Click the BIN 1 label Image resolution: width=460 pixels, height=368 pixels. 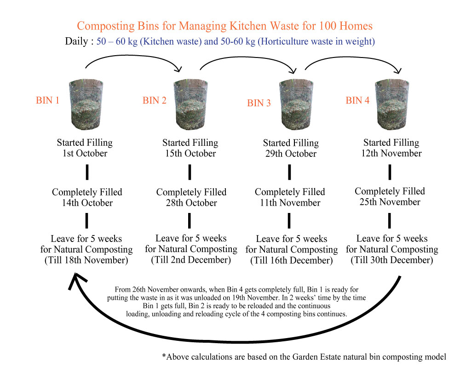[48, 100]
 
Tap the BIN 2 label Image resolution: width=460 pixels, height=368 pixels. [155, 101]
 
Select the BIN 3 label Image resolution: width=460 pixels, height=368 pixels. [259, 103]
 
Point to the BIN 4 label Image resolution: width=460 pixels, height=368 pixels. [357, 100]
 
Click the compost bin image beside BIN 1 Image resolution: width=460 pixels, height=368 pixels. [86, 105]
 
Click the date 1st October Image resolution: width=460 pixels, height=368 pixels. [85, 154]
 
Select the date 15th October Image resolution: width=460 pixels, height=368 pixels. [190, 154]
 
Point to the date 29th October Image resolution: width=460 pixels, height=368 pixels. [291, 154]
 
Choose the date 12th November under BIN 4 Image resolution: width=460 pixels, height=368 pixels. [391, 154]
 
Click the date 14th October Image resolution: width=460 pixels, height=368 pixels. [87, 203]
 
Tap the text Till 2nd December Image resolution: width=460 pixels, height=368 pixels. [191, 260]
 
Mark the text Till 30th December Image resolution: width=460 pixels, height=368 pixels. [392, 260]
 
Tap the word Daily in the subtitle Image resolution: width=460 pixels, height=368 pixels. [78, 41]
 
